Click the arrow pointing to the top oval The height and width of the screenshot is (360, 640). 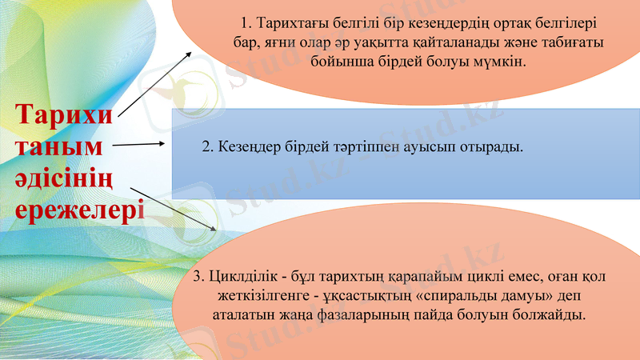point(155,84)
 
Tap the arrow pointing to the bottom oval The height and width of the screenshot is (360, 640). point(171,210)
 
